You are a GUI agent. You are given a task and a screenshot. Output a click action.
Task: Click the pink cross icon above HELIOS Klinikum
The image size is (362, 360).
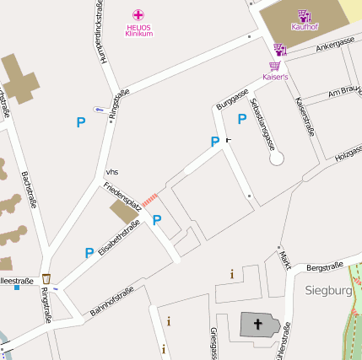tap(138, 14)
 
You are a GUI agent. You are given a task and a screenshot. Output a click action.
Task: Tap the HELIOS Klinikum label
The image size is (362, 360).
tap(138, 30)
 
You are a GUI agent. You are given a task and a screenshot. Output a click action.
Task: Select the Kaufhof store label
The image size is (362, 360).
tap(304, 26)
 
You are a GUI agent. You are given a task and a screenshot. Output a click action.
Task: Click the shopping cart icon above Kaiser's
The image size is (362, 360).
tap(275, 66)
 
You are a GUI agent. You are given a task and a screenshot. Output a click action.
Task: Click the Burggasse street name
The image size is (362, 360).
tap(232, 98)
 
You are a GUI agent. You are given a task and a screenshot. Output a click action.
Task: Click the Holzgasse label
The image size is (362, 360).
tap(348, 153)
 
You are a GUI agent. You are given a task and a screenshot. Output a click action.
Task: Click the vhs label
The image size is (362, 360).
tap(112, 171)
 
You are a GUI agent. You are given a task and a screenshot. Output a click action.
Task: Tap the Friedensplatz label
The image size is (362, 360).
tap(122, 197)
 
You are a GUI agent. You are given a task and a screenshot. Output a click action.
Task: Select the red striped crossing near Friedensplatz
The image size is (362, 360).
tap(150, 198)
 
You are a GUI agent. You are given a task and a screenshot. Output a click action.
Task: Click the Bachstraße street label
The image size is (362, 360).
tap(29, 189)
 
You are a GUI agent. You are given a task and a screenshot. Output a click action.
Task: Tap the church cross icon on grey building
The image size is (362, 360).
tap(257, 324)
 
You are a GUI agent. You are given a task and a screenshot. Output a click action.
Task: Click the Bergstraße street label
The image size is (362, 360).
tap(324, 267)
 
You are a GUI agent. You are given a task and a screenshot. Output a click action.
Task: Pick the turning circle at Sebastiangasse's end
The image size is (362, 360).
tap(277, 158)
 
